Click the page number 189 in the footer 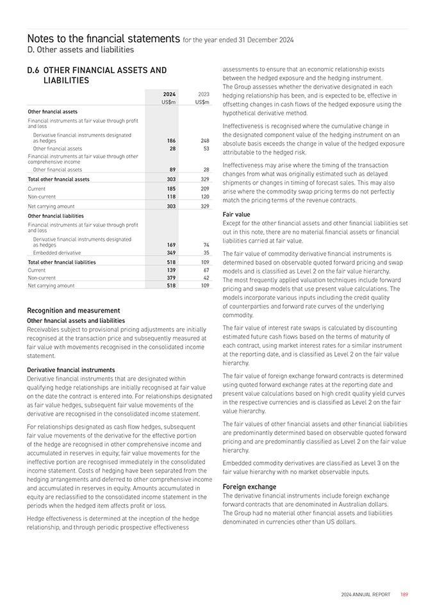click(x=404, y=594)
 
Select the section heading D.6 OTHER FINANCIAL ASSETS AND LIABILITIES click(x=97, y=75)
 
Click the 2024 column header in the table click(x=169, y=94)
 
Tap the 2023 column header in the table click(x=203, y=94)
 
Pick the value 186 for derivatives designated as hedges click(x=170, y=140)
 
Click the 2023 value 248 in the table click(x=204, y=140)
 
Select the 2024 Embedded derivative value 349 click(x=170, y=253)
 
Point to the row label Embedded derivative click(x=57, y=253)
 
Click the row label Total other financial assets click(x=59, y=180)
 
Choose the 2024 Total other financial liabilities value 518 click(x=170, y=262)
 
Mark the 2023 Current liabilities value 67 click(x=206, y=270)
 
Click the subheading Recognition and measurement click(x=74, y=310)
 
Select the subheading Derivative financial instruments click(x=71, y=370)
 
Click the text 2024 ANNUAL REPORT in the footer click(x=365, y=594)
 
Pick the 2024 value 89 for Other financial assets click(x=172, y=169)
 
